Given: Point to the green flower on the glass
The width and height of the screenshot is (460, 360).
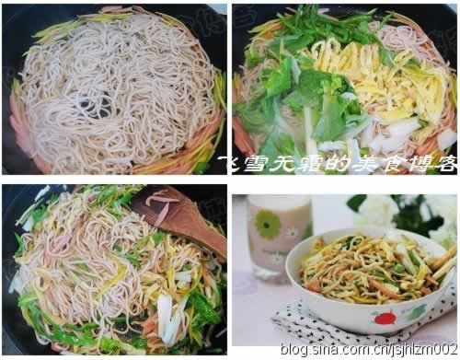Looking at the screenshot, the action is click(268, 224).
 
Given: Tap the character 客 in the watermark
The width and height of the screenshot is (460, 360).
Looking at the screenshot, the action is click(445, 163).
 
